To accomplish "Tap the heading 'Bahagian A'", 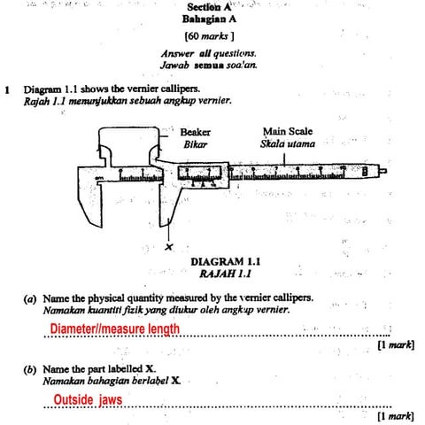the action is (x=209, y=19).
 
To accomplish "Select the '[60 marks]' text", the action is (x=209, y=37).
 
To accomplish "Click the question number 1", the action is (x=7, y=89).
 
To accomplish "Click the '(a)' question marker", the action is (x=29, y=298).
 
